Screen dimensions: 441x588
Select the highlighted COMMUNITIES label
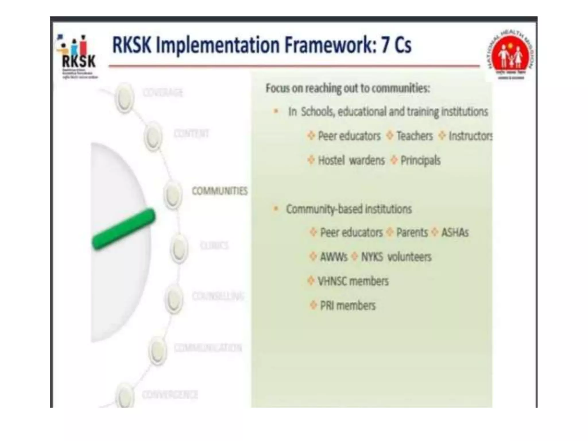coord(220,191)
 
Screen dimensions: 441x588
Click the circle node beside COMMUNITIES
coord(173,195)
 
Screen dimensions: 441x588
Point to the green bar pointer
coord(123,229)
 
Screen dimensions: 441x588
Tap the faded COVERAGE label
coord(163,93)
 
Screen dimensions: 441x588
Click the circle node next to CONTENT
coord(153,136)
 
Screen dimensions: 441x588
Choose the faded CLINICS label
coord(214,245)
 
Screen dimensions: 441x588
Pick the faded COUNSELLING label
coord(218,296)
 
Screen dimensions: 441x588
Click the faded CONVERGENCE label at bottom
coord(170,394)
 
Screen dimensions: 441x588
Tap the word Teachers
coord(414,136)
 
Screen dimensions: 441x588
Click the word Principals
coord(420,160)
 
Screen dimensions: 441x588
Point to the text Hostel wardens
coord(351,160)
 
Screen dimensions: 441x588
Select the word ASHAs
coord(455,232)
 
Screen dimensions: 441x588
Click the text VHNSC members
coord(353,281)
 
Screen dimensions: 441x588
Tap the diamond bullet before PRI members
coord(313,305)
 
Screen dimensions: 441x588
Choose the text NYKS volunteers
coord(396,257)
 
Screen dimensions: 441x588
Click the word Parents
coord(412,232)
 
